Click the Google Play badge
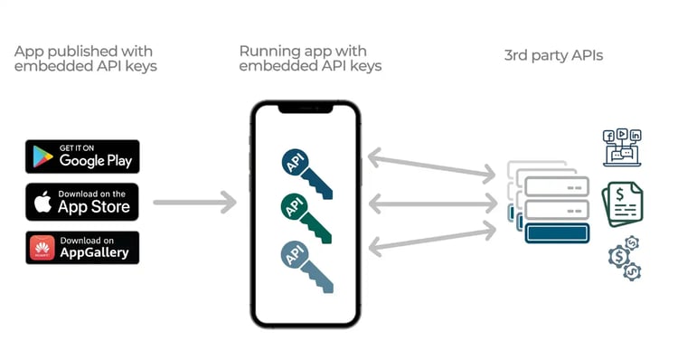tap(82, 156)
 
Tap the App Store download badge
tap(82, 201)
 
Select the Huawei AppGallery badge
tap(82, 247)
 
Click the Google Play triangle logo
tap(42, 156)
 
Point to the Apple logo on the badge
tap(42, 201)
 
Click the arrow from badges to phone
tap(193, 202)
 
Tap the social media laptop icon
tap(622, 147)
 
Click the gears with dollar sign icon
tap(624, 258)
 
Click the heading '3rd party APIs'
tap(552, 56)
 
